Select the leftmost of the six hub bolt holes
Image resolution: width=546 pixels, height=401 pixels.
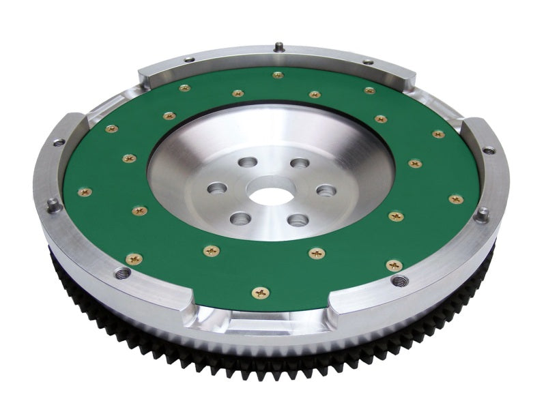click(x=218, y=187)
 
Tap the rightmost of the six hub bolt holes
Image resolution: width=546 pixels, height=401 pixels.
click(x=326, y=190)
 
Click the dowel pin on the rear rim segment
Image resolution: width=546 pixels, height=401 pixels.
click(x=278, y=47)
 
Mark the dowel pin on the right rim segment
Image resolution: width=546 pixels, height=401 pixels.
click(x=482, y=214)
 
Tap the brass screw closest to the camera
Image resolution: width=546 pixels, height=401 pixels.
click(x=261, y=293)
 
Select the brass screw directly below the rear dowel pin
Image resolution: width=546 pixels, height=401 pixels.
click(x=277, y=75)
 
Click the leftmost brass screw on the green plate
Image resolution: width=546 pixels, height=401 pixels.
click(x=85, y=192)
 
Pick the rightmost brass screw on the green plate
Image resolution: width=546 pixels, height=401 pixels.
click(x=455, y=199)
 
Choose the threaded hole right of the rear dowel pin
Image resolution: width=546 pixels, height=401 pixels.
click(x=368, y=62)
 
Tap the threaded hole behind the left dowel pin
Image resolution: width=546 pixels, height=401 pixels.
click(x=59, y=143)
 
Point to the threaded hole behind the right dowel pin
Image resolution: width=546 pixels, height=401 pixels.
click(x=488, y=150)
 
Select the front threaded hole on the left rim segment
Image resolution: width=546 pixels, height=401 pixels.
click(x=123, y=273)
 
